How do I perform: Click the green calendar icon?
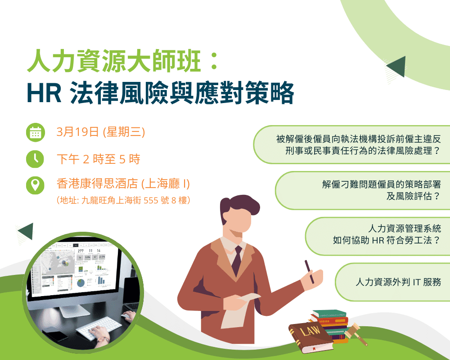(35, 132)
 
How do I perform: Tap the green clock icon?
(35, 159)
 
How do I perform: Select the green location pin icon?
(35, 185)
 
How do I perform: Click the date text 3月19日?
(78, 132)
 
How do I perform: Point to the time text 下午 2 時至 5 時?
(99, 159)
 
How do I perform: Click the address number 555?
(151, 200)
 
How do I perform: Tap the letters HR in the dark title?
(44, 93)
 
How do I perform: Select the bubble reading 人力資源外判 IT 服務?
(392, 282)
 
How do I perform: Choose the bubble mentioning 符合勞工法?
(378, 236)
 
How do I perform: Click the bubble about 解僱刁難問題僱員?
(363, 190)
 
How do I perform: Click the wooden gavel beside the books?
(356, 334)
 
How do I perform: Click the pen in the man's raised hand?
(309, 272)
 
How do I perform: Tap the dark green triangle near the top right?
(397, 66)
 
